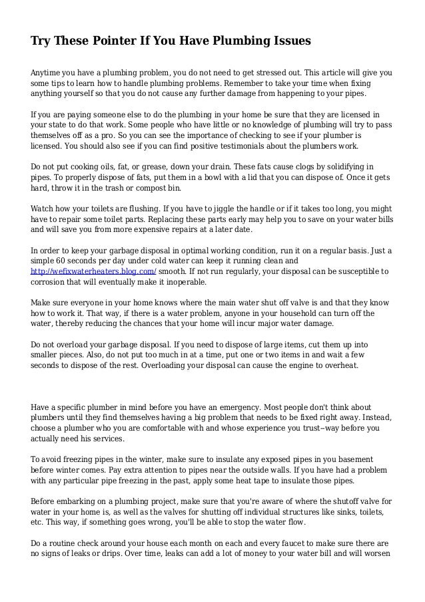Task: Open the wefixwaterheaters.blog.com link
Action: coord(93,271)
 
